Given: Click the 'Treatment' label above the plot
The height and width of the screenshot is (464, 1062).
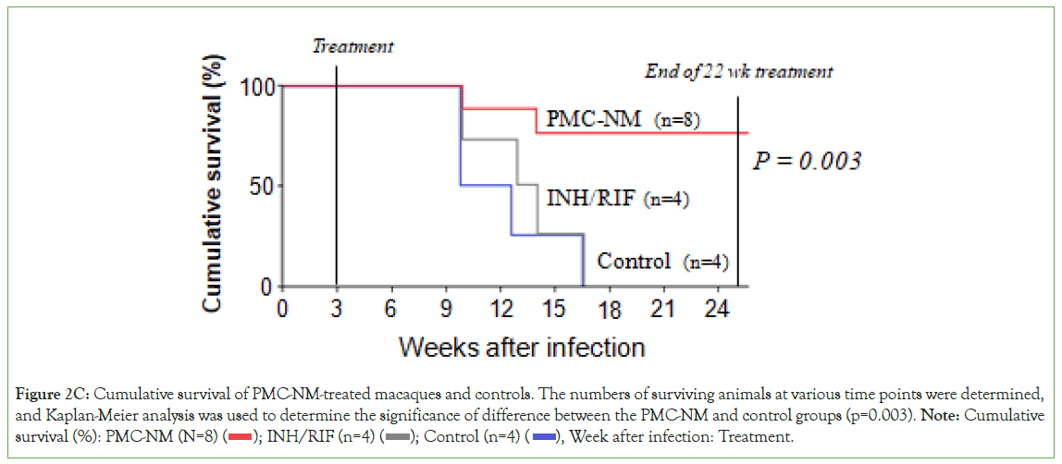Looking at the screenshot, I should pyautogui.click(x=352, y=46).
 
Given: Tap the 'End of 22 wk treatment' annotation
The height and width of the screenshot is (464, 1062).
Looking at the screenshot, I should pyautogui.click(x=737, y=71).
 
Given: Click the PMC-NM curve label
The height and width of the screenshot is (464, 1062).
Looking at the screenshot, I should pyautogui.click(x=593, y=119).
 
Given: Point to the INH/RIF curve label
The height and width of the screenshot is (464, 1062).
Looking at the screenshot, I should pyautogui.click(x=590, y=198).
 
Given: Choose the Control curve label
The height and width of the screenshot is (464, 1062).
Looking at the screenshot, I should pyautogui.click(x=635, y=262).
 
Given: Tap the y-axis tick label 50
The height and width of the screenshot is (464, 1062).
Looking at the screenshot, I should pyautogui.click(x=263, y=187).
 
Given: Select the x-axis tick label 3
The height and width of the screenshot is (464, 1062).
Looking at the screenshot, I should pyautogui.click(x=336, y=308).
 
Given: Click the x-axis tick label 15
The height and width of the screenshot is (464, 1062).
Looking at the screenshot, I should pyautogui.click(x=553, y=308).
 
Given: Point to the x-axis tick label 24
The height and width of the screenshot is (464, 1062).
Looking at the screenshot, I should pyautogui.click(x=716, y=308).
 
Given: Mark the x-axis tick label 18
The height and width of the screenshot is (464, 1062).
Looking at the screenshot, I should pyautogui.click(x=608, y=308).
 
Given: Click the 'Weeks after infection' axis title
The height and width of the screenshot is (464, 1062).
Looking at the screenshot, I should pyautogui.click(x=522, y=348).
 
